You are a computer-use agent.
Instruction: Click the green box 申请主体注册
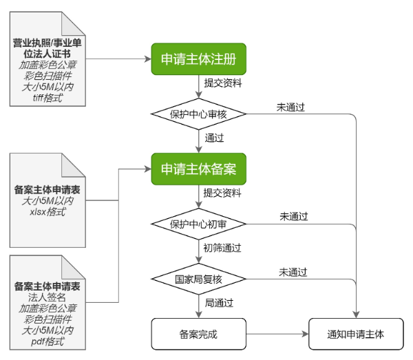pos(198,60)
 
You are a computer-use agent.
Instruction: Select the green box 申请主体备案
pos(198,169)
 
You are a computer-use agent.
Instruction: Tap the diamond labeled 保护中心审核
pos(199,114)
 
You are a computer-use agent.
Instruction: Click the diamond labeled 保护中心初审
pos(199,224)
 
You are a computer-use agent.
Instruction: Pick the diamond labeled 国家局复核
pos(199,279)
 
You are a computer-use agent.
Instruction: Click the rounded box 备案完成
pos(198,335)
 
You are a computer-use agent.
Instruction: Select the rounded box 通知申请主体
pos(355,335)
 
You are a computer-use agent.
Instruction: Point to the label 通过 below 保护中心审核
pos(214,138)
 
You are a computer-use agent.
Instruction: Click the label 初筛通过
pos(222,247)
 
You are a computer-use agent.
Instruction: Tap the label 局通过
pos(219,302)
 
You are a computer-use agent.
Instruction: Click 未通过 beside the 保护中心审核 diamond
pos(290,107)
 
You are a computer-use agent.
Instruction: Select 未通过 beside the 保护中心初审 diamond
pos(293,217)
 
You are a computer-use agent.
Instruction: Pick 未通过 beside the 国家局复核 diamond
pos(293,272)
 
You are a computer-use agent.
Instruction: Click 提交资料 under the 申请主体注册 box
pos(222,83)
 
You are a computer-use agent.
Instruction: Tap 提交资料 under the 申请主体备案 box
pos(222,193)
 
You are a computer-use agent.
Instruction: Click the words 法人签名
pos(48,296)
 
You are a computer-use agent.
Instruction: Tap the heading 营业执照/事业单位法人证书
pos(48,49)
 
